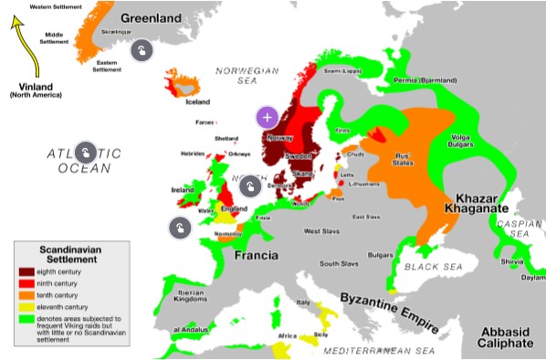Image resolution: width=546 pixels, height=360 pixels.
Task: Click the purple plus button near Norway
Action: (x=267, y=117)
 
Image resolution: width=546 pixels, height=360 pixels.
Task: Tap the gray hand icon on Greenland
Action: (x=141, y=50)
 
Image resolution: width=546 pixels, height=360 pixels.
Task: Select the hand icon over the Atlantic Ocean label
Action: (x=86, y=152)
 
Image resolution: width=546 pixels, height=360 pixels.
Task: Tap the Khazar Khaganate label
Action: (x=477, y=204)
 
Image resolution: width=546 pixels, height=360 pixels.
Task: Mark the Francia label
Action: (x=257, y=256)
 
